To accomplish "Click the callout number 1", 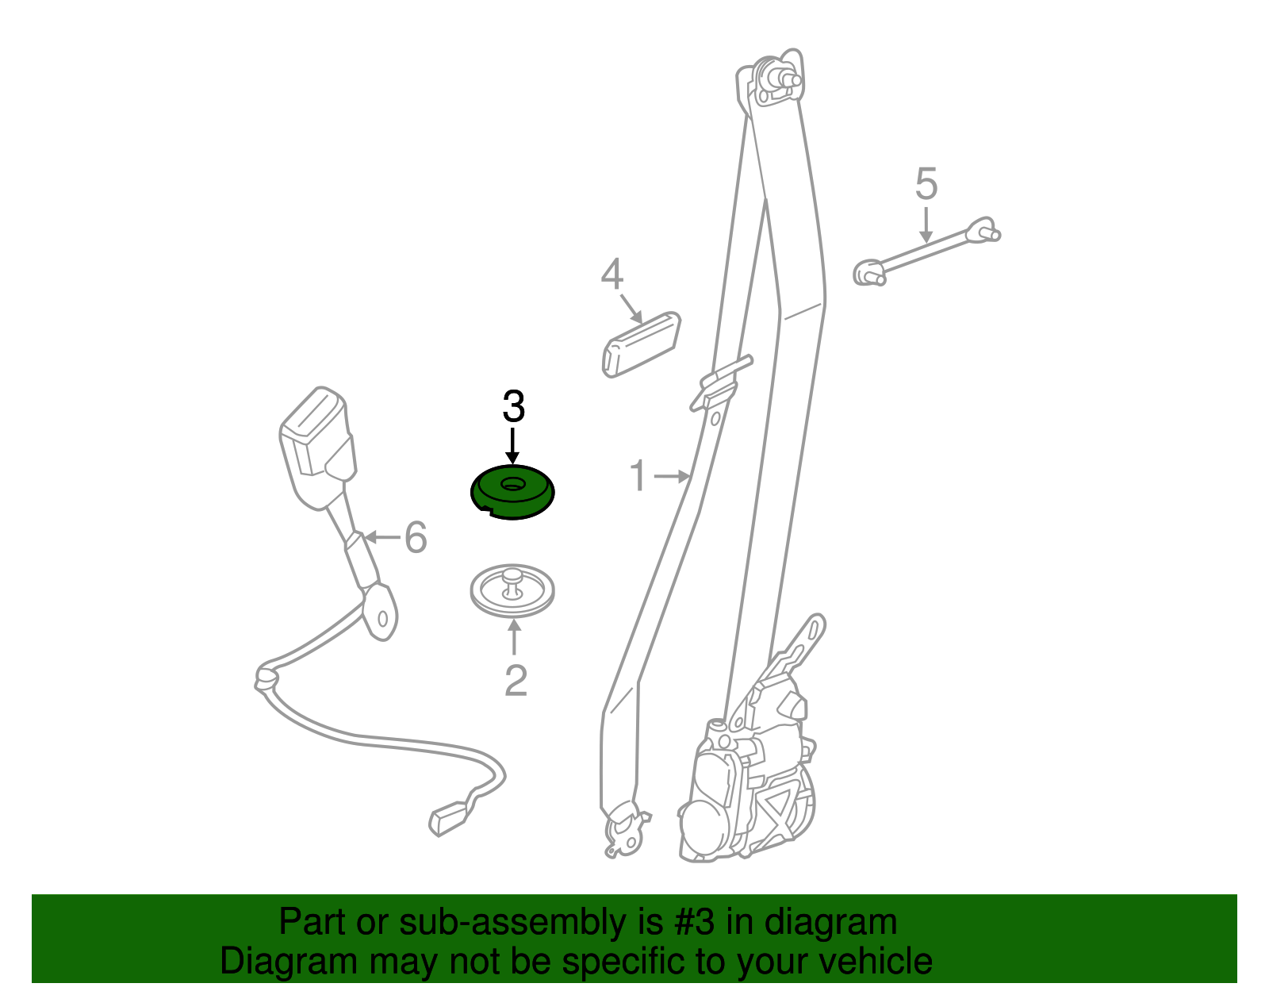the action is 638,476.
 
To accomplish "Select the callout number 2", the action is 515,680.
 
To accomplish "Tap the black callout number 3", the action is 513,406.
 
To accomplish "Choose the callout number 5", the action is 926,183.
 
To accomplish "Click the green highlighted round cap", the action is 512,491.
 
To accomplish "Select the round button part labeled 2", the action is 512,590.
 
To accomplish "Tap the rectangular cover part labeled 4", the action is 641,344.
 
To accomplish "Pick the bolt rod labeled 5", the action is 927,251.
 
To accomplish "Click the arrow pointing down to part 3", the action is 512,446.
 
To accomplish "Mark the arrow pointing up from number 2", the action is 514,637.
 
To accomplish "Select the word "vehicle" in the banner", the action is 879,961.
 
